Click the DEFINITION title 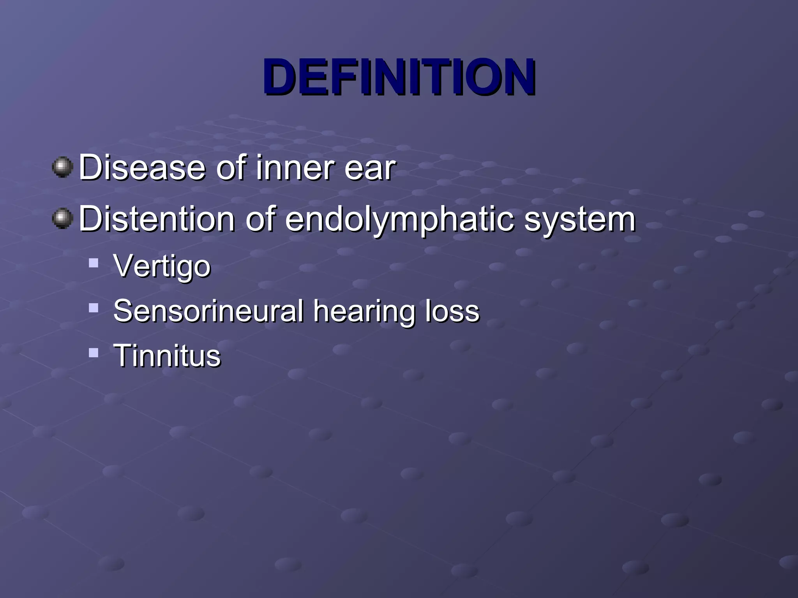pyautogui.click(x=399, y=77)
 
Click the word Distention pyautogui.click(x=157, y=219)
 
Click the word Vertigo pyautogui.click(x=162, y=267)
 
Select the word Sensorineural pyautogui.click(x=208, y=311)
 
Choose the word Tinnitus pyautogui.click(x=167, y=355)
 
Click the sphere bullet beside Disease pyautogui.click(x=62, y=167)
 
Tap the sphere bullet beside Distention pyautogui.click(x=62, y=218)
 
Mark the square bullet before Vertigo pyautogui.click(x=94, y=263)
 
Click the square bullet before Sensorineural pyautogui.click(x=94, y=308)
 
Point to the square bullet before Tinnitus pyautogui.click(x=94, y=352)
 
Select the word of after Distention pyautogui.click(x=260, y=219)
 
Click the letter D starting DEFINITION pyautogui.click(x=279, y=77)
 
